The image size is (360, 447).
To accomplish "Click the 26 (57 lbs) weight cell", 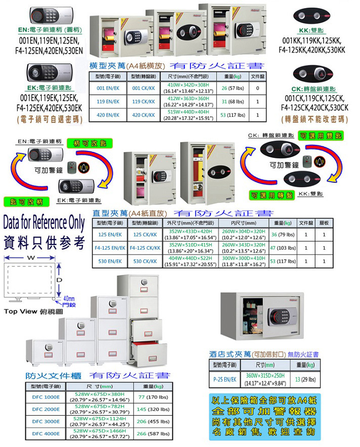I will (x=231, y=88).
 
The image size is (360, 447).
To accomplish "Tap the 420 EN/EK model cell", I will (x=107, y=115).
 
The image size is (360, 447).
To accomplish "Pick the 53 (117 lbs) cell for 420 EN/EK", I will (x=231, y=115).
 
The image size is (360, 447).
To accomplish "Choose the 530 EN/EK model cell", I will (x=109, y=261).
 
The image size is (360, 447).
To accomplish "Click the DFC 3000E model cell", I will (x=46, y=421).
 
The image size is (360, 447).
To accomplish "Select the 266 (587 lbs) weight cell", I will (x=153, y=434).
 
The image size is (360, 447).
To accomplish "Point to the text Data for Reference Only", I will (x=44, y=223).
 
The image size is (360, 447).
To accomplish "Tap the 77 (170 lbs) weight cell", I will (x=153, y=397).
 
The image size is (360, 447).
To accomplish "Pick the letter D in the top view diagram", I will (x=59, y=279).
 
